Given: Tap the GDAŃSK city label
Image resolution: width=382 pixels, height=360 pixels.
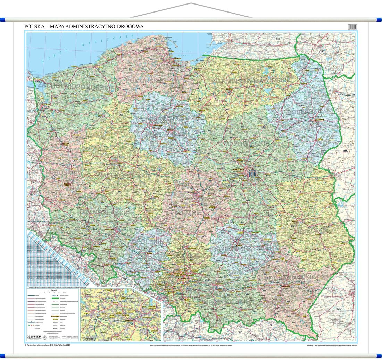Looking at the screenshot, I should tap(177, 59).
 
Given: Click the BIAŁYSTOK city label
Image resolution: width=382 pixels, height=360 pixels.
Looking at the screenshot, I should tap(319, 119).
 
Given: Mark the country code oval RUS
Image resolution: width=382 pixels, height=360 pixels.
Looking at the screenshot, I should tap(277, 39).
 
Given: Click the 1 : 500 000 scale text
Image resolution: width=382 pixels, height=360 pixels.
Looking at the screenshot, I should tap(53, 291).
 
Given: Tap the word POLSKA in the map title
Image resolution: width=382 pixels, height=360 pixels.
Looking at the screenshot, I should tap(34, 26).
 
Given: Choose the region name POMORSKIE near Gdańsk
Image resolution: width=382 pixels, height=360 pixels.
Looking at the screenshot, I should tap(140, 81).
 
